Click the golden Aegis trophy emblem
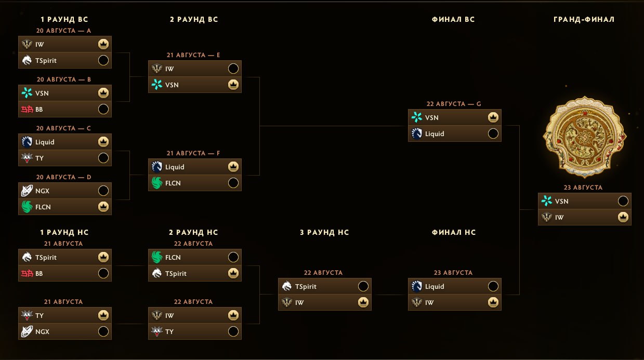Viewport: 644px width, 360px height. (x=584, y=137)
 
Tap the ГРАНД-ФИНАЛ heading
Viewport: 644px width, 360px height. (x=584, y=19)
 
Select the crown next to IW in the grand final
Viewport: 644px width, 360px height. (x=623, y=217)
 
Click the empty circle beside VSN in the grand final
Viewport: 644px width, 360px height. (x=623, y=201)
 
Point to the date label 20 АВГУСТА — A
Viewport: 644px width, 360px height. (x=63, y=31)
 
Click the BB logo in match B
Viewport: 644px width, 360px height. (x=27, y=110)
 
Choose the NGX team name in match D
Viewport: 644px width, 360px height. (x=42, y=191)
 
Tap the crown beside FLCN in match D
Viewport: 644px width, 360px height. (x=103, y=207)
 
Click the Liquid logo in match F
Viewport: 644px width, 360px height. (x=156, y=167)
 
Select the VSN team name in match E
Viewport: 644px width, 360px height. (x=172, y=85)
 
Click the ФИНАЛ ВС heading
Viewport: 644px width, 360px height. (x=453, y=19)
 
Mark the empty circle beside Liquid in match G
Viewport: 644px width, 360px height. (x=493, y=134)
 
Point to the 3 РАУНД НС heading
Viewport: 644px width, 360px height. (x=324, y=232)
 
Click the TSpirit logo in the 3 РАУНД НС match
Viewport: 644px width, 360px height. (x=286, y=286)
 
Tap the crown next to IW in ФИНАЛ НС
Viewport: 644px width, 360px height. (x=493, y=302)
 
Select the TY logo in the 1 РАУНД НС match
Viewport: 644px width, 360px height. (x=27, y=315)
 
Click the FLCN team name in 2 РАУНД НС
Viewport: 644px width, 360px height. (x=173, y=258)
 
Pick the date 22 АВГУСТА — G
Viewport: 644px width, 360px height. (x=453, y=104)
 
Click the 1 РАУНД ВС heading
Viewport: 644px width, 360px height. (x=64, y=19)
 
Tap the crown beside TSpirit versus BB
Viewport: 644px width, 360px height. (x=103, y=257)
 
